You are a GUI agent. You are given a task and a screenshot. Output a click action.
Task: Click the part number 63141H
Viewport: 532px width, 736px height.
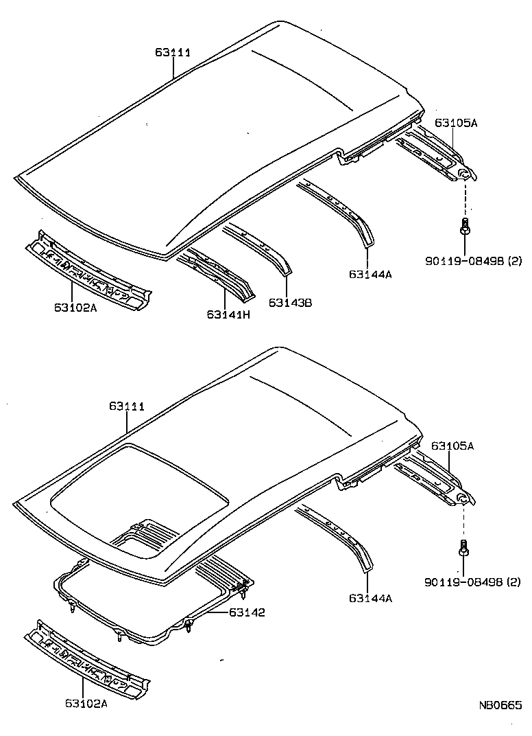pyautogui.click(x=228, y=314)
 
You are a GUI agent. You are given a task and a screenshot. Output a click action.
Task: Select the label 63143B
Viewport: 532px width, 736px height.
pyautogui.click(x=290, y=302)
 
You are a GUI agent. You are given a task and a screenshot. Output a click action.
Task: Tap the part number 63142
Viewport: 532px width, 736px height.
pyautogui.click(x=247, y=612)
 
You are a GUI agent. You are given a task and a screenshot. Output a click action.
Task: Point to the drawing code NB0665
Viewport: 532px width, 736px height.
pyautogui.click(x=500, y=705)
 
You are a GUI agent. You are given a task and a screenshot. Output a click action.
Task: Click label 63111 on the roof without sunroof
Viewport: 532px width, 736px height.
pyautogui.click(x=172, y=52)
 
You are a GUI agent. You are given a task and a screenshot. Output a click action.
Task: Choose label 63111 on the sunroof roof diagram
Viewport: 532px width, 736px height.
pyautogui.click(x=127, y=406)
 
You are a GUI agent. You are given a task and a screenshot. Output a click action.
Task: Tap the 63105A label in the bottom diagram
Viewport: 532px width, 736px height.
pyautogui.click(x=452, y=446)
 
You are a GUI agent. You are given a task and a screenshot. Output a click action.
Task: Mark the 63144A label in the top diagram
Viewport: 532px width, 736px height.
pyautogui.click(x=370, y=274)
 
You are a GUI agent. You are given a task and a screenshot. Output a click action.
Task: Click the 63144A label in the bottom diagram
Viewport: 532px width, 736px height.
pyautogui.click(x=370, y=598)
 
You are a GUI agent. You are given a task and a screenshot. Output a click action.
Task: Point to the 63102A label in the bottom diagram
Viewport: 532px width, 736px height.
pyautogui.click(x=86, y=702)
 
